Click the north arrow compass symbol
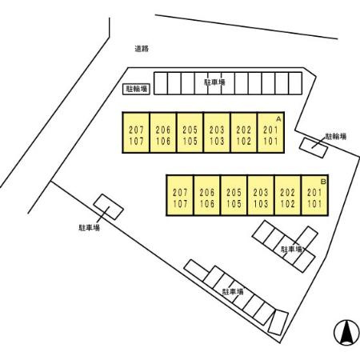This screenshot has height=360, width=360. point(346,332)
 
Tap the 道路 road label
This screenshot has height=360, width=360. point(142,49)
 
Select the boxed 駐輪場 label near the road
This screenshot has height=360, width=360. point(137,89)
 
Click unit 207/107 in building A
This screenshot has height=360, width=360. point(136,133)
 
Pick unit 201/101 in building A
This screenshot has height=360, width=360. point(271,133)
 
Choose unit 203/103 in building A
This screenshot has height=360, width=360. point(217,133)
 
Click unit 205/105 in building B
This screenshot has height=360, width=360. point(234,195)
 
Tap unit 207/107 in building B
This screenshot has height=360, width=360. point(180,195)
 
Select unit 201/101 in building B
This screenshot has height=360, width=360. point(315,195)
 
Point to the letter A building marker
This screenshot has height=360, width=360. point(278,119)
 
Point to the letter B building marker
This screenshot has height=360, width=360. point(323,182)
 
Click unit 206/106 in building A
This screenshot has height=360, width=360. point(163,133)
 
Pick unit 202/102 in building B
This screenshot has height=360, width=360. point(288,195)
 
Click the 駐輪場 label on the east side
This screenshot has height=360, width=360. point(336,137)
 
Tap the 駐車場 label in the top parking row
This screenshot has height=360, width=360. point(214,82)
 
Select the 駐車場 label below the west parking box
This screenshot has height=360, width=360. point(90,228)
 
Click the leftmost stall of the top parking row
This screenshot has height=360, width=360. point(161,83)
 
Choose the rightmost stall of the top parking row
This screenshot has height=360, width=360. point(295,83)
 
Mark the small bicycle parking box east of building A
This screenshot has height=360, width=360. point(314,148)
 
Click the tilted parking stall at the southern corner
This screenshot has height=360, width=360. point(278,322)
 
